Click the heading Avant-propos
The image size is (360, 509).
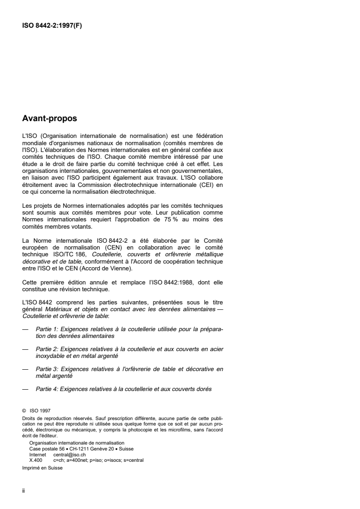click(49, 119)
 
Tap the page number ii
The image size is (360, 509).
click(24, 491)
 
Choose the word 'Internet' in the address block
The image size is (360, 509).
click(38, 455)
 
